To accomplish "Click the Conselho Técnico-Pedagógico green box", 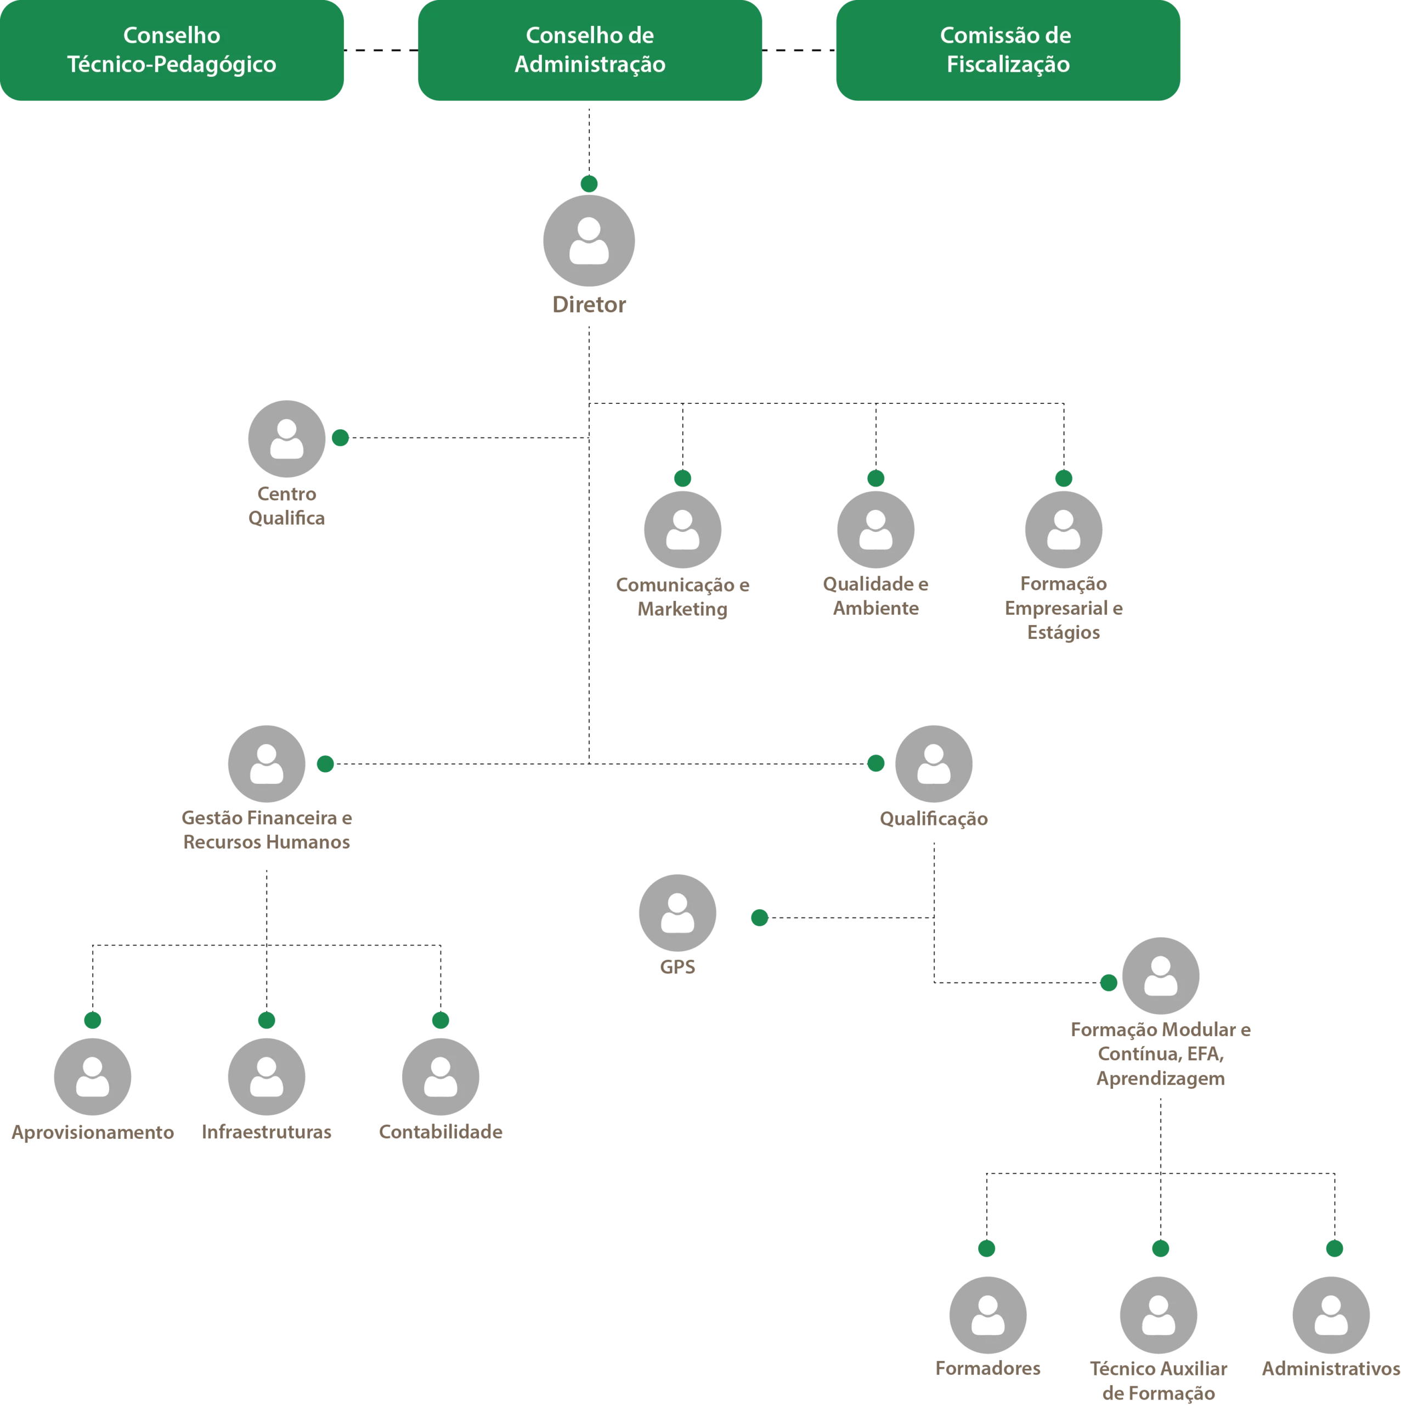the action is click(x=172, y=50).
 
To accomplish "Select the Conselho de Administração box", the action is click(x=590, y=50).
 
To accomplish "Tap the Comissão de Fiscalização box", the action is click(x=1008, y=50).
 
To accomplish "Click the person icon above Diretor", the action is click(x=589, y=241).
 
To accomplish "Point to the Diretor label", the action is click(x=589, y=305).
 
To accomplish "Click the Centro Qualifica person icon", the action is click(x=286, y=439).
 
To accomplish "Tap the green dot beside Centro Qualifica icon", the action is click(x=340, y=438).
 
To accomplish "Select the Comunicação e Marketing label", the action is click(x=683, y=597).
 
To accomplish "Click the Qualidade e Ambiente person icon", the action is click(x=875, y=530).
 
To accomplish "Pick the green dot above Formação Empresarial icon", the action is click(x=1064, y=479).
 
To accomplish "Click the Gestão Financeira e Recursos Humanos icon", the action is click(x=267, y=763).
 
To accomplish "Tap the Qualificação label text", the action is click(x=934, y=819).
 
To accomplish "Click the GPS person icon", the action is click(x=677, y=913).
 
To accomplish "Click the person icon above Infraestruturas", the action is click(x=267, y=1077).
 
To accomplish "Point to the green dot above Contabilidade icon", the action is click(x=440, y=1020).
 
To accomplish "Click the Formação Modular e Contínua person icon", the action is click(x=1160, y=976).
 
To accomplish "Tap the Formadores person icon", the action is click(x=988, y=1316).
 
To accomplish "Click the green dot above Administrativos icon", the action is click(x=1335, y=1249).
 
